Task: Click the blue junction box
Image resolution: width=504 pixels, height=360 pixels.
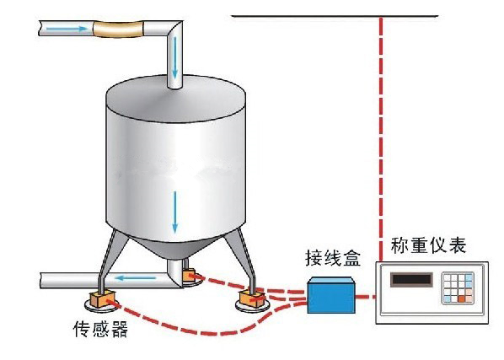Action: pyautogui.click(x=331, y=296)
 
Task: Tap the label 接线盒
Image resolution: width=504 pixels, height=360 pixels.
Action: pyautogui.click(x=333, y=258)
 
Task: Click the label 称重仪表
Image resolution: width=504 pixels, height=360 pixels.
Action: pyautogui.click(x=428, y=245)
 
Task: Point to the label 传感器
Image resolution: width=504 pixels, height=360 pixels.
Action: pyautogui.click(x=100, y=329)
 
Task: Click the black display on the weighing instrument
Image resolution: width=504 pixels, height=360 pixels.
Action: pyautogui.click(x=411, y=279)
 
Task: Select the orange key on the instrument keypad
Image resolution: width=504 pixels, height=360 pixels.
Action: pyautogui.click(x=462, y=299)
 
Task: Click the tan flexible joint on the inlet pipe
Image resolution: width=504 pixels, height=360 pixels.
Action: pyautogui.click(x=118, y=29)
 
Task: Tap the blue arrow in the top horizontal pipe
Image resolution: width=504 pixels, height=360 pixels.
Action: pyautogui.click(x=67, y=29)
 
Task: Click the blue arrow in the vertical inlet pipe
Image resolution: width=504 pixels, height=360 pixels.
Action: pyautogui.click(x=174, y=57)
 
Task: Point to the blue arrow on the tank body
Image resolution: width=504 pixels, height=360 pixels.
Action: pyautogui.click(x=174, y=212)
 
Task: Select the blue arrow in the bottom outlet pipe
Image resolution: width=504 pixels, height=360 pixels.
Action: pyautogui.click(x=136, y=277)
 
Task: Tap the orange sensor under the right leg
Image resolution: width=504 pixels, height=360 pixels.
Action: pyautogui.click(x=252, y=298)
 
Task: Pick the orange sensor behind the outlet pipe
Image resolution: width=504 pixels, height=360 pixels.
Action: pyautogui.click(x=189, y=276)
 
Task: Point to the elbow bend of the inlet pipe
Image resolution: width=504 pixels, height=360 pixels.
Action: pyautogui.click(x=174, y=30)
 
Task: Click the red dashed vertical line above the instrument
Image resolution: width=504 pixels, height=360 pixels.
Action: pyautogui.click(x=381, y=139)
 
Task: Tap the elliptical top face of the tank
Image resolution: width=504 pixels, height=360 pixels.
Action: pyautogui.click(x=176, y=99)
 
